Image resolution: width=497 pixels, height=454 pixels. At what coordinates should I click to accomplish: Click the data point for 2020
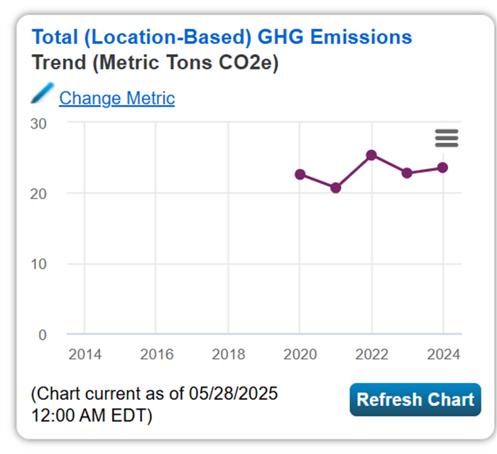coord(300,174)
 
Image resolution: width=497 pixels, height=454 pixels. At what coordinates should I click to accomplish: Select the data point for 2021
coord(335,188)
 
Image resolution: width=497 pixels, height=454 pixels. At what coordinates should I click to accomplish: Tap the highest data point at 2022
coord(371,155)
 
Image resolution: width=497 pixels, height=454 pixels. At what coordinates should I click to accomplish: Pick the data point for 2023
coord(407,173)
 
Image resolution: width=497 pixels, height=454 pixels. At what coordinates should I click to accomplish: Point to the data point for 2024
coord(442,167)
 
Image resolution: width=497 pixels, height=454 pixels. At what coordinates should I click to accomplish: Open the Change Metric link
coord(116,98)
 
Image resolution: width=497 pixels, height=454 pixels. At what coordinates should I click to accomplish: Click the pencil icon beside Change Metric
coord(43,93)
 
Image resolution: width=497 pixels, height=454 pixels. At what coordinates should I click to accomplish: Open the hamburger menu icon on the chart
coord(447,138)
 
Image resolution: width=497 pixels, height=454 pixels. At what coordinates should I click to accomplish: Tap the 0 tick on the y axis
coord(42,334)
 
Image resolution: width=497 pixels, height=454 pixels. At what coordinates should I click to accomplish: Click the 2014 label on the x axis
coord(84,355)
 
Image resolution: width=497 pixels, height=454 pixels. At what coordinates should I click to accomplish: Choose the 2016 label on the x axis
coord(156,355)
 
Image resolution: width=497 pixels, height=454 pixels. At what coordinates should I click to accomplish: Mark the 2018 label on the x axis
coord(228,355)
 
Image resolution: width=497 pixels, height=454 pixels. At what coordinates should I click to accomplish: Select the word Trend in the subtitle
coord(59,63)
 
